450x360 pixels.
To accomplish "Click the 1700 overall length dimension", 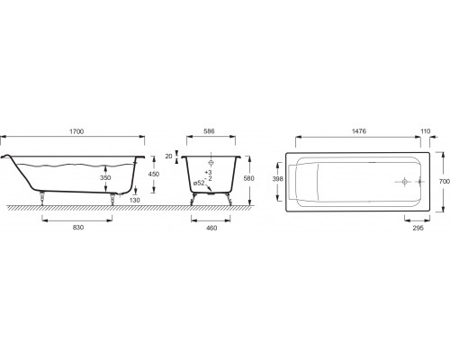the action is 76,131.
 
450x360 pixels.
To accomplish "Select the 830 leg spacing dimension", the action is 78,228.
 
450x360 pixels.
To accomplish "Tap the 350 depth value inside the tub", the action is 105,177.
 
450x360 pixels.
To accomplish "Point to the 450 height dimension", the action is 154,174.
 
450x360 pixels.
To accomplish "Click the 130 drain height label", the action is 135,200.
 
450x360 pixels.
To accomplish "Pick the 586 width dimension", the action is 209,131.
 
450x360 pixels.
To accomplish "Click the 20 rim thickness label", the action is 169,156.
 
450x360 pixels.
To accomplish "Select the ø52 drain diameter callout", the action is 199,183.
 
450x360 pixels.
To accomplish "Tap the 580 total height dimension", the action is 248,178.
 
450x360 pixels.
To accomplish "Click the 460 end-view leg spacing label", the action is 211,228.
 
